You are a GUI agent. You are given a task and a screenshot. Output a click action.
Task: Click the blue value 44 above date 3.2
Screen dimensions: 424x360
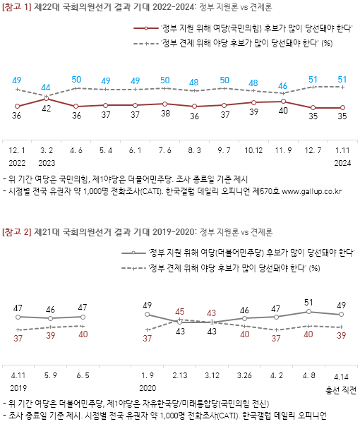click(46, 87)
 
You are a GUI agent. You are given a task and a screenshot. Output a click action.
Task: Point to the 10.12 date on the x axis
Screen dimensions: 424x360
click(253, 150)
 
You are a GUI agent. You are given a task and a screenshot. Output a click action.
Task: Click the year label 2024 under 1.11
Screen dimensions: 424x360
click(342, 162)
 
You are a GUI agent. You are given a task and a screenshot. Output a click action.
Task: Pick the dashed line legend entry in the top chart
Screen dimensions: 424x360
click(233, 43)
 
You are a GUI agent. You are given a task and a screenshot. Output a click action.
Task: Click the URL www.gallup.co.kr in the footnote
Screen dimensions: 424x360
click(313, 190)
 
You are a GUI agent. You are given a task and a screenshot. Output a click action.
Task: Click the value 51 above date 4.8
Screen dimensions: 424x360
click(308, 303)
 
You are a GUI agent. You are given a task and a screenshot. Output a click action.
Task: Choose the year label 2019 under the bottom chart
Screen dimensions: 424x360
click(18, 387)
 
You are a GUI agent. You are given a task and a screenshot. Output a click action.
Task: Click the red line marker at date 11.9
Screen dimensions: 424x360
click(282, 101)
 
